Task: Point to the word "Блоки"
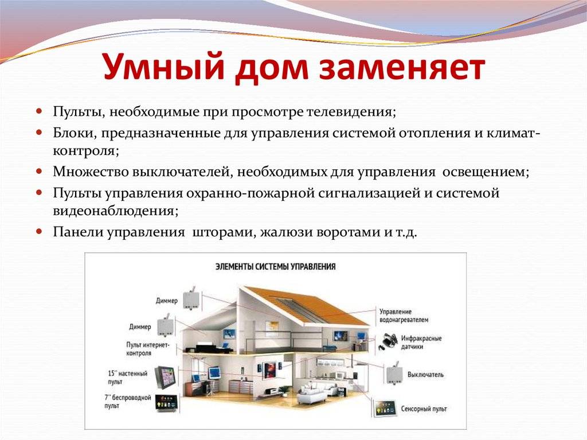pos(75,134)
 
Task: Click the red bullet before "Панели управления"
pos(40,231)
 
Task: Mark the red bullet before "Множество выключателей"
pos(40,172)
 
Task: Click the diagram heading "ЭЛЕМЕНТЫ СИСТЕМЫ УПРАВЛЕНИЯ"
pos(276,267)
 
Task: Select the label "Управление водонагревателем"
pos(404,316)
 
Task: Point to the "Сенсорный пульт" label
pos(424,408)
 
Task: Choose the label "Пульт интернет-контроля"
pos(147,349)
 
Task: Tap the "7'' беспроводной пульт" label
pos(127,402)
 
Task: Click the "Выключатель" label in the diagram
pos(425,375)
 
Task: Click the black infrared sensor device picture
pos(388,341)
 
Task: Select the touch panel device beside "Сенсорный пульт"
pos(385,408)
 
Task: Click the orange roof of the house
pos(315,303)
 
